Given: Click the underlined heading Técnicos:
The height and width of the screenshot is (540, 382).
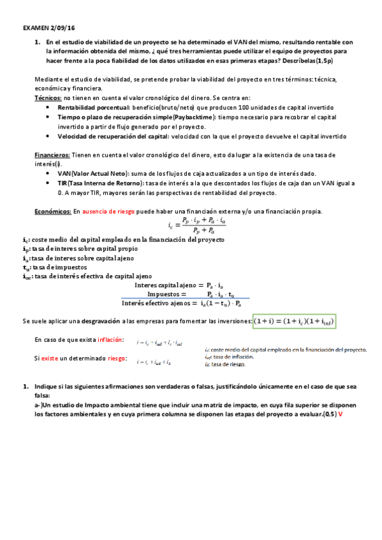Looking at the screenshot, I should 48,99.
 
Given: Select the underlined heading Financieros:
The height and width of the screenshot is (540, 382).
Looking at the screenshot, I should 52,155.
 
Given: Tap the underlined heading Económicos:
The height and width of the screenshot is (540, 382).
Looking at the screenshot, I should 52,211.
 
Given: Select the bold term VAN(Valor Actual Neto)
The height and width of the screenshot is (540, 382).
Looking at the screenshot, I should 93,174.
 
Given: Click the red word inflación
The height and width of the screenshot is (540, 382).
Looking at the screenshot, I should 111,341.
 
